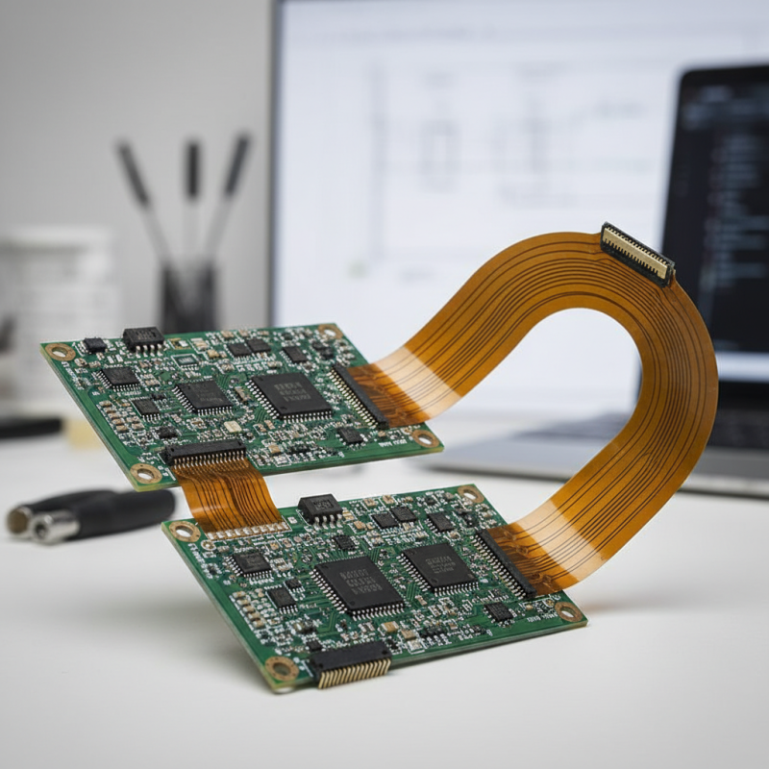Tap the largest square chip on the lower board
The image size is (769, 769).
click(x=359, y=584)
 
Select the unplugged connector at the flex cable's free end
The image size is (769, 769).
click(x=637, y=253)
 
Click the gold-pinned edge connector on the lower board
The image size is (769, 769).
click(x=351, y=663)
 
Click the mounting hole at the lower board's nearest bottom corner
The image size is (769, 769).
click(x=281, y=669)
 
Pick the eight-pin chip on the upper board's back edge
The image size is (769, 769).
click(x=142, y=337)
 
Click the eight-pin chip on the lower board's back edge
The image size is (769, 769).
click(x=319, y=508)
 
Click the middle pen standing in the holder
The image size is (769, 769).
click(x=193, y=192)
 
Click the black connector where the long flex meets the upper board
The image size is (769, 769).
click(x=360, y=395)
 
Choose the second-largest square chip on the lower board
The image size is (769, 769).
click(x=438, y=566)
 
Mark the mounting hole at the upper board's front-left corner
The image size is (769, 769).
click(x=146, y=473)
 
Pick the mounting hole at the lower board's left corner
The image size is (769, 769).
click(x=184, y=532)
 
